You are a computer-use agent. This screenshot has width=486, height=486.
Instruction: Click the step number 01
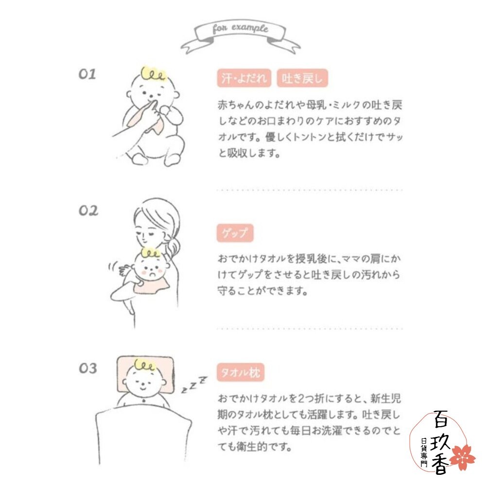point(87,74)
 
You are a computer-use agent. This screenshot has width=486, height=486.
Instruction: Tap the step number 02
point(88,211)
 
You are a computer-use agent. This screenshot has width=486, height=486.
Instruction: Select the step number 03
point(88,368)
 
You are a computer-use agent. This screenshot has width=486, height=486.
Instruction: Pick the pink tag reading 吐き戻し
point(302,79)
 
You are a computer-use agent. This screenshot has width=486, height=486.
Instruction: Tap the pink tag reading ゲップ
point(235,234)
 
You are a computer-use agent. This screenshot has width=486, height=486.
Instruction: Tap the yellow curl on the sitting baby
point(154,74)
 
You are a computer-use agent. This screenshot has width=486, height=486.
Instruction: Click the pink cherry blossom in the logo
point(461,457)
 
